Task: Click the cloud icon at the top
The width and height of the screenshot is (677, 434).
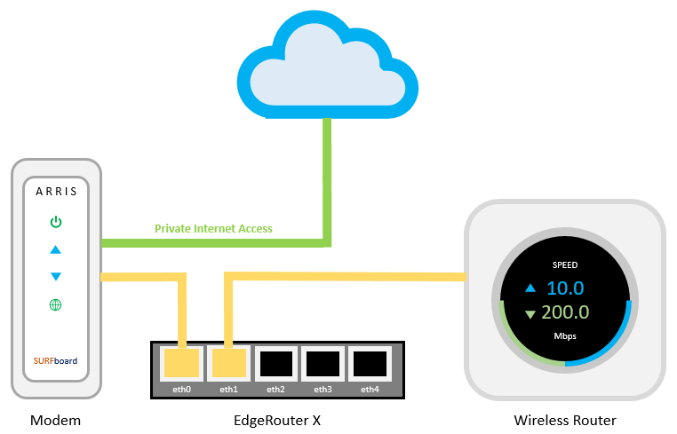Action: pyautogui.click(x=326, y=67)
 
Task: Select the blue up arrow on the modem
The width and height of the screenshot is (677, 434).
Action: pyautogui.click(x=55, y=249)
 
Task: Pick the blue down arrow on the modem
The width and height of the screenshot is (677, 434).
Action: pyautogui.click(x=55, y=277)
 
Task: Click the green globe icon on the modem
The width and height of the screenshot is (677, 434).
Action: pyautogui.click(x=55, y=305)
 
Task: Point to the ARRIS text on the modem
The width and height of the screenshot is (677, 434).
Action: pyautogui.click(x=55, y=191)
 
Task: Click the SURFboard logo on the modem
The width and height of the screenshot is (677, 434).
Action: pyautogui.click(x=55, y=361)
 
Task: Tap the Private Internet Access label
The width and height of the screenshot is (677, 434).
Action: pyautogui.click(x=213, y=229)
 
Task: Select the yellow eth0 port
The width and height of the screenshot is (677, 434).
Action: pyautogui.click(x=183, y=363)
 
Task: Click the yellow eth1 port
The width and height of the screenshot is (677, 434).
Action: pyautogui.click(x=229, y=363)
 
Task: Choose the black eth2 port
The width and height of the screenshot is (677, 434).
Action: pyautogui.click(x=275, y=363)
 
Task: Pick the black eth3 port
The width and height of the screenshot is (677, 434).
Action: pyautogui.click(x=323, y=363)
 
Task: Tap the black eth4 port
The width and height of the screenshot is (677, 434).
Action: pyautogui.click(x=369, y=363)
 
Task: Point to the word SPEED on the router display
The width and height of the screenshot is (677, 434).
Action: pyautogui.click(x=565, y=264)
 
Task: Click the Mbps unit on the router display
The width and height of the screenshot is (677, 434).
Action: pyautogui.click(x=565, y=337)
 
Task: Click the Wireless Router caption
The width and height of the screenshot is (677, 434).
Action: pyautogui.click(x=565, y=420)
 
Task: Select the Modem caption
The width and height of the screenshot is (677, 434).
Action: pyautogui.click(x=54, y=420)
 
